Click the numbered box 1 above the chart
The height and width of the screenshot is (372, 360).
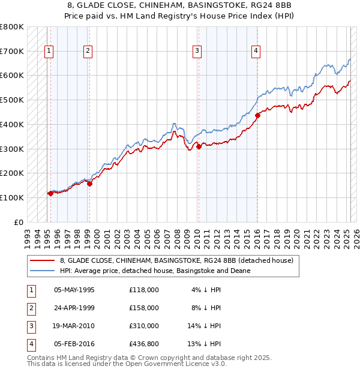pyautogui.click(x=47, y=52)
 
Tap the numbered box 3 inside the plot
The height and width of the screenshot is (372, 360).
pyautogui.click(x=196, y=52)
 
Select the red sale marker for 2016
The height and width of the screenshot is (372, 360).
pyautogui.click(x=257, y=115)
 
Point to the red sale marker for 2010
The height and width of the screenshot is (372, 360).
pyautogui.click(x=199, y=146)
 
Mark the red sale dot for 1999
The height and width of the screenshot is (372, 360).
pyautogui.click(x=89, y=184)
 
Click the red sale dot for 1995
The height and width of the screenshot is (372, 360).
pyautogui.click(x=50, y=193)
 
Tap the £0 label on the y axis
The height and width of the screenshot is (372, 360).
pyautogui.click(x=19, y=222)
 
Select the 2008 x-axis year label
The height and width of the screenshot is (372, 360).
pyautogui.click(x=178, y=234)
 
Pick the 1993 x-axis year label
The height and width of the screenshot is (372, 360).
pyautogui.click(x=28, y=234)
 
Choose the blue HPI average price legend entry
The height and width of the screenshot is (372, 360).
pyautogui.click(x=155, y=271)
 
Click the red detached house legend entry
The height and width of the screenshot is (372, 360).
pyautogui.click(x=176, y=260)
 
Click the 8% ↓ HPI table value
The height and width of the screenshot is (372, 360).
pyautogui.click(x=206, y=307)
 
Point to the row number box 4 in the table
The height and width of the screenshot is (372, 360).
pyautogui.click(x=30, y=344)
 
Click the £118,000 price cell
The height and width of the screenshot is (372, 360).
pyautogui.click(x=144, y=290)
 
